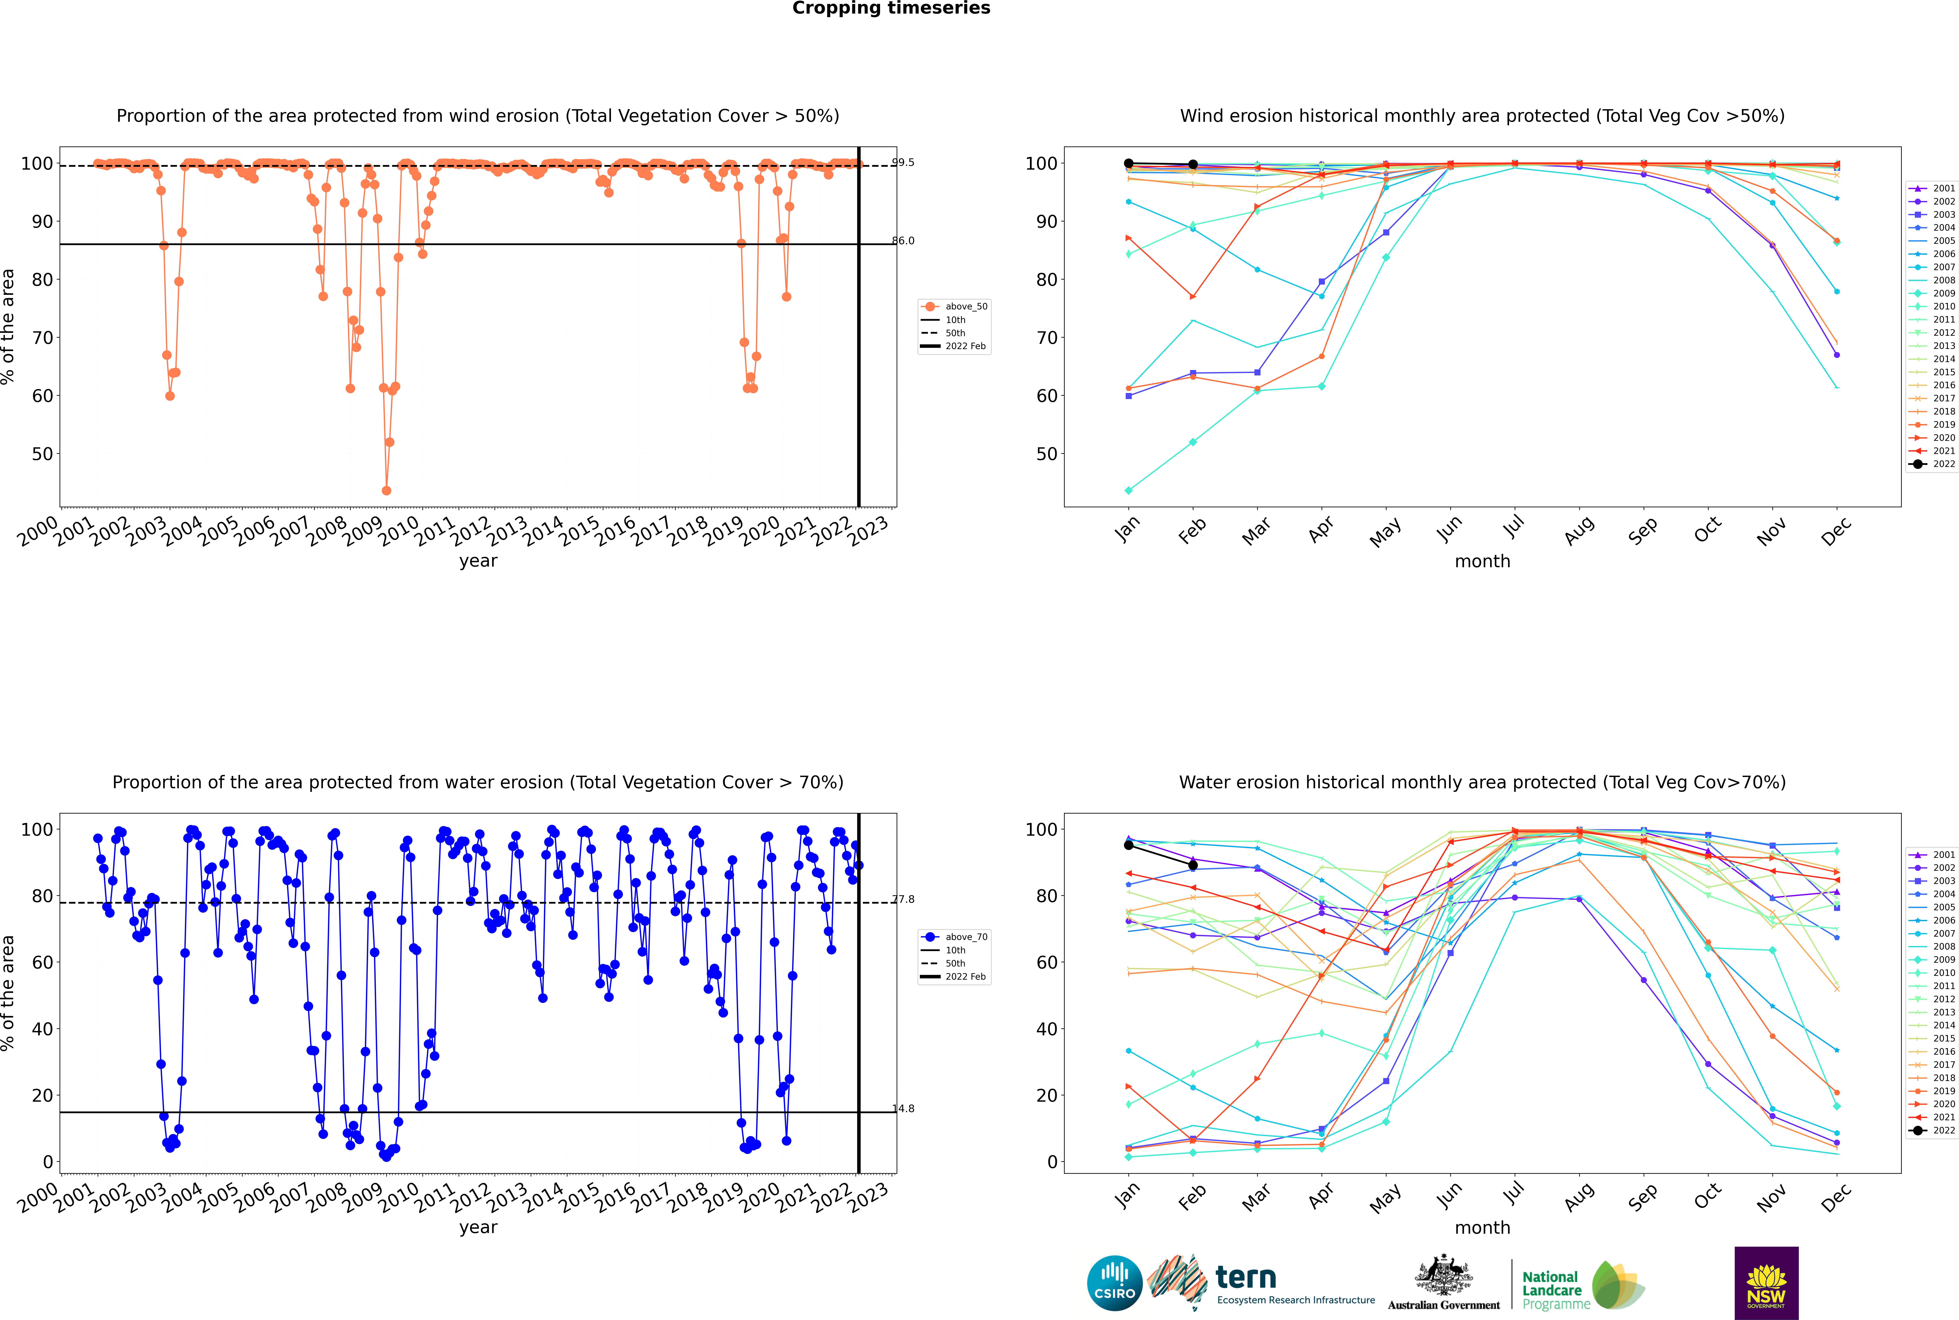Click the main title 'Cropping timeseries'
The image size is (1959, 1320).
(x=891, y=8)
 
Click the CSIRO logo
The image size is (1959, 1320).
(x=1114, y=1283)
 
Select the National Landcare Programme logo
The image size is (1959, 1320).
(x=1582, y=1286)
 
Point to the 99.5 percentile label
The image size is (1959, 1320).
(x=903, y=163)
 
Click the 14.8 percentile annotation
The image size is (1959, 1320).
(x=903, y=1109)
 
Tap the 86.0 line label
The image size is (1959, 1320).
(x=903, y=241)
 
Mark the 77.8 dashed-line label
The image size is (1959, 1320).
(x=903, y=899)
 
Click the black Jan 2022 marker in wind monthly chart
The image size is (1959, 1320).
(x=1129, y=163)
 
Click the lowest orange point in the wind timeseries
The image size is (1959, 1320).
(x=387, y=491)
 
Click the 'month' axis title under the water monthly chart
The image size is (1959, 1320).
(x=1482, y=1227)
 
